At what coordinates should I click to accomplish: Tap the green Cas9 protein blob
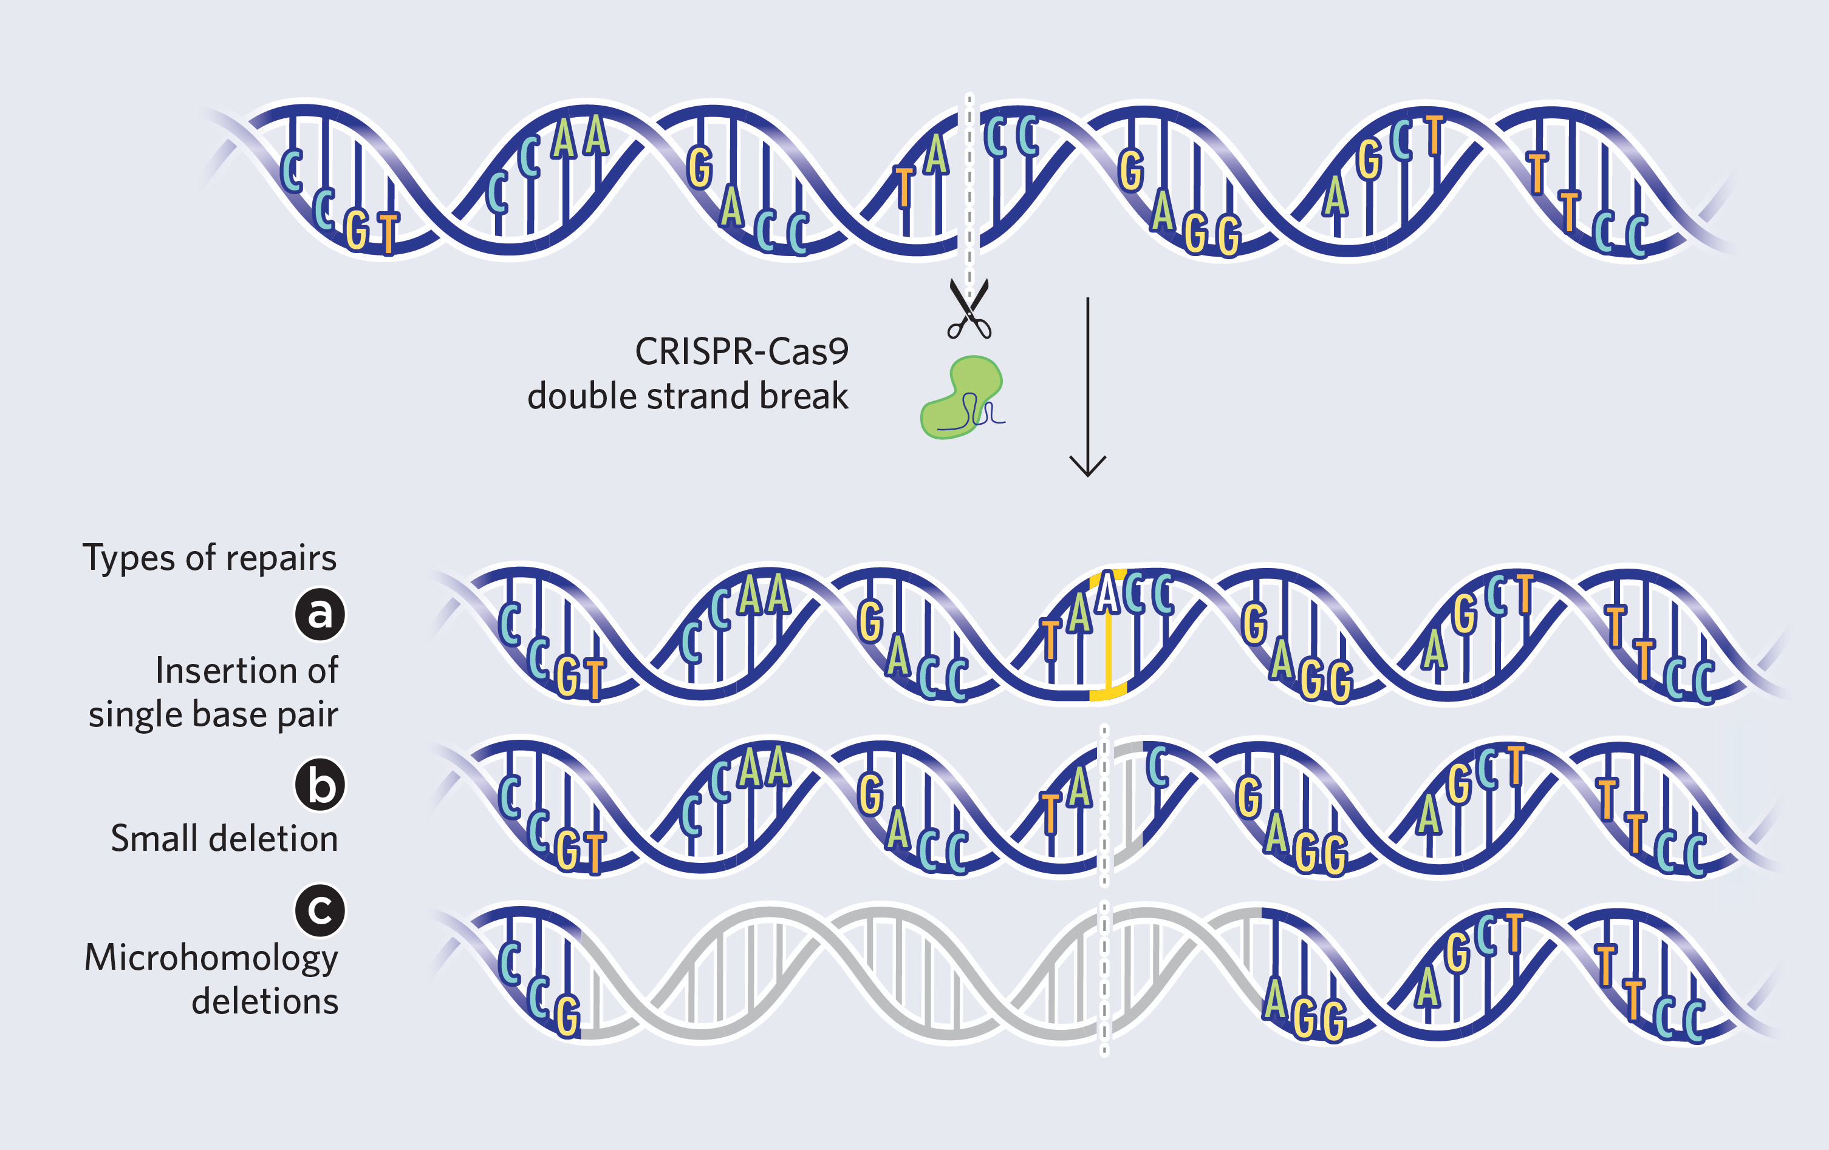pyautogui.click(x=960, y=397)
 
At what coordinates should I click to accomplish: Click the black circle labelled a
pyautogui.click(x=320, y=614)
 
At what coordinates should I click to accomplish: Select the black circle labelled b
pyautogui.click(x=320, y=784)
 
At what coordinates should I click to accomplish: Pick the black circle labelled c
pyautogui.click(x=320, y=909)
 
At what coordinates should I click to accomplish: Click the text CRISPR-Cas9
pyautogui.click(x=741, y=351)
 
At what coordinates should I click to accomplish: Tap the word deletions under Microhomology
pyautogui.click(x=264, y=1001)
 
